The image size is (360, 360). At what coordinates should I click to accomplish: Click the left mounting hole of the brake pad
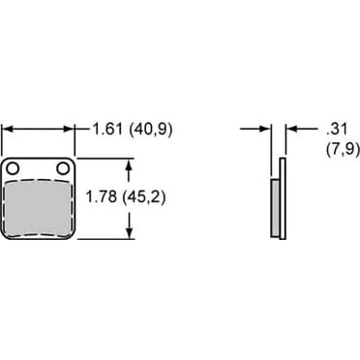[x=15, y=168]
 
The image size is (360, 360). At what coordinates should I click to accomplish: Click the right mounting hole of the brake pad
[x=63, y=168]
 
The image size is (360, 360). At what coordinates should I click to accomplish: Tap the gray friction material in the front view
[x=39, y=208]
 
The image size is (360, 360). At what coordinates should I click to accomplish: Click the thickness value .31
[x=310, y=128]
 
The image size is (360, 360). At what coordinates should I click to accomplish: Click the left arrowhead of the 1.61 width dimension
[x=8, y=128]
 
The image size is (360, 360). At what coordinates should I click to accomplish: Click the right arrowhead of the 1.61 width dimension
[x=71, y=128]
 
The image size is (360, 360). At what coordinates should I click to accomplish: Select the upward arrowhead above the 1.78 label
[x=131, y=163]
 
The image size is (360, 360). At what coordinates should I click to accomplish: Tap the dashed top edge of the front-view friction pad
[x=39, y=180]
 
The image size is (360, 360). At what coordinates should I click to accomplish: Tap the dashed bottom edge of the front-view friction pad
[x=39, y=236]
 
